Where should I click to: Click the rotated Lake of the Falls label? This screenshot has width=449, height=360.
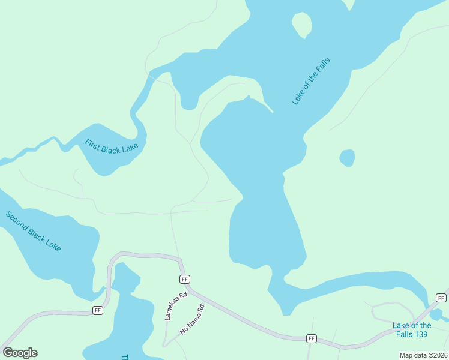pyautogui.click(x=312, y=82)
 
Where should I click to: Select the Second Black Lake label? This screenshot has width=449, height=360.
pyautogui.click(x=34, y=231)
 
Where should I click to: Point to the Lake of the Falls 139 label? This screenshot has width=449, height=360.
pyautogui.click(x=412, y=329)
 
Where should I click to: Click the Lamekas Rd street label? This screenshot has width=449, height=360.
pyautogui.click(x=176, y=306)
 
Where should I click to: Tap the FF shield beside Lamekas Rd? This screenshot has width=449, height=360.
pyautogui.click(x=185, y=279)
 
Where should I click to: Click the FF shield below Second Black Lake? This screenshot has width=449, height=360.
pyautogui.click(x=98, y=310)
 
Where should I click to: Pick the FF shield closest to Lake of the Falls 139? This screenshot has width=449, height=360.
pyautogui.click(x=441, y=298)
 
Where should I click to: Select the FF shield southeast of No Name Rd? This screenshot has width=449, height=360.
pyautogui.click(x=312, y=338)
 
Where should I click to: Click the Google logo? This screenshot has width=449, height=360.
pyautogui.click(x=20, y=352)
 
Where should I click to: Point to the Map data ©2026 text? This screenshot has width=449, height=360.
pyautogui.click(x=423, y=355)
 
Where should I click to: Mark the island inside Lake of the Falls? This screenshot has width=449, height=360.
pyautogui.click(x=302, y=24)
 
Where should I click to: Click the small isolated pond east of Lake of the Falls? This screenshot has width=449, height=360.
pyautogui.click(x=347, y=158)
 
